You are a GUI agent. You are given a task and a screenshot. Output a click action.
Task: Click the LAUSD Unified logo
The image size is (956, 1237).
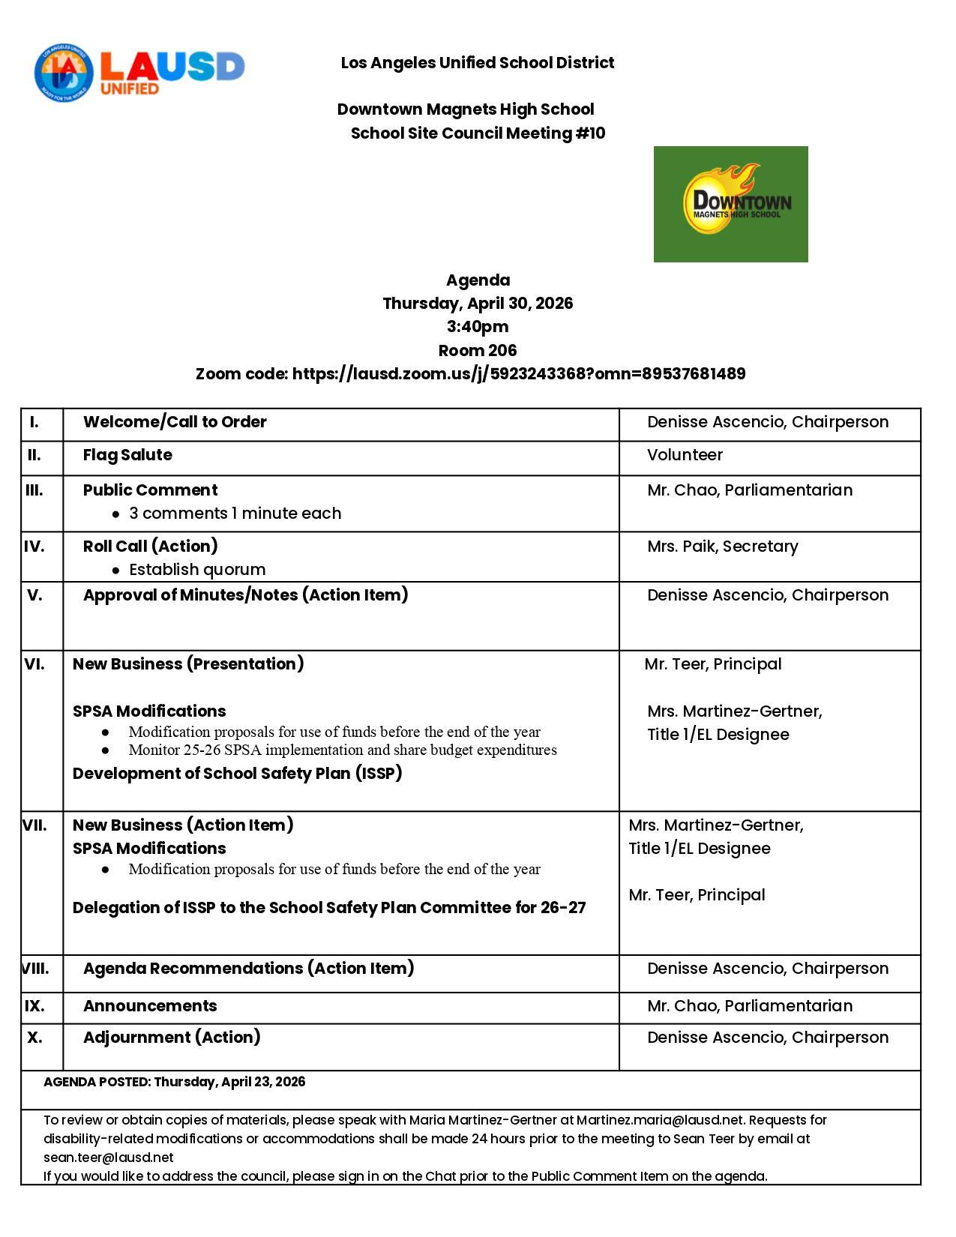pyautogui.click(x=139, y=73)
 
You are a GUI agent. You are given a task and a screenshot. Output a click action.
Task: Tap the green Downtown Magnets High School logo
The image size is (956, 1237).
pyautogui.click(x=730, y=204)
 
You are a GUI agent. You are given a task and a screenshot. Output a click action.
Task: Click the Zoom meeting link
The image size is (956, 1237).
pyautogui.click(x=518, y=373)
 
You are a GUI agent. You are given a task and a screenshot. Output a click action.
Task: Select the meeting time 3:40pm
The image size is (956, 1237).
pyautogui.click(x=478, y=327)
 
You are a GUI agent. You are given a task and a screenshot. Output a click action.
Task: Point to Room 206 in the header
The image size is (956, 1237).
pyautogui.click(x=478, y=350)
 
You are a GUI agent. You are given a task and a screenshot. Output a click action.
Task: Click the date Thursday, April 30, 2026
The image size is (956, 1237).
pyautogui.click(x=478, y=304)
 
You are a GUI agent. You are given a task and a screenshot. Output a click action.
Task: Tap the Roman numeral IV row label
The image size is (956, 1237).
pyautogui.click(x=34, y=547)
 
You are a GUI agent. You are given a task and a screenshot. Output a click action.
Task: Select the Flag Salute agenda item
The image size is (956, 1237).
pyautogui.click(x=127, y=455)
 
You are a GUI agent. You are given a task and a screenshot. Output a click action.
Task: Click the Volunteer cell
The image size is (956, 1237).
pyautogui.click(x=685, y=455)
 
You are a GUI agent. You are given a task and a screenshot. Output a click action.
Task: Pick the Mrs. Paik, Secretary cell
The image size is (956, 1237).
pyautogui.click(x=722, y=547)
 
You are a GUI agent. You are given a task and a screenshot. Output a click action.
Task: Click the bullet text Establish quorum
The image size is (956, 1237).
pyautogui.click(x=197, y=570)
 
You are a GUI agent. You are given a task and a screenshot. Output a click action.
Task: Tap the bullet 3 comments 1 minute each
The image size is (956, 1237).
pyautogui.click(x=235, y=514)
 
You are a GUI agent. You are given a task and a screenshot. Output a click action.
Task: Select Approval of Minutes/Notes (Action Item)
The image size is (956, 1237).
pyautogui.click(x=245, y=595)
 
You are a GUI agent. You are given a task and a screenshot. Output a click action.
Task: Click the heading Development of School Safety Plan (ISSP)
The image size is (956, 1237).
pyautogui.click(x=237, y=774)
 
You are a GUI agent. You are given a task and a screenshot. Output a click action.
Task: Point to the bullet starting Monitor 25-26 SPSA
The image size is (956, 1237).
pyautogui.click(x=343, y=750)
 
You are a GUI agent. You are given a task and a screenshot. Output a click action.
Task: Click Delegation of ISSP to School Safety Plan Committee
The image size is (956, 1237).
pyautogui.click(x=329, y=908)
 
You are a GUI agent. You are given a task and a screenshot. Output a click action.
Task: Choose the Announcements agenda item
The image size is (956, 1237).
pyautogui.click(x=150, y=1006)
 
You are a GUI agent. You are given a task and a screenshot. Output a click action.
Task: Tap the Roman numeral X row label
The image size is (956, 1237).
pyautogui.click(x=34, y=1038)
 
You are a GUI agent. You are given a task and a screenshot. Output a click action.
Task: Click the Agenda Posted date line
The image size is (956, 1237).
pyautogui.click(x=175, y=1082)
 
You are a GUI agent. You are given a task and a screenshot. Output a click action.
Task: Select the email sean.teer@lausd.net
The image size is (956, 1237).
pyautogui.click(x=109, y=1158)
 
